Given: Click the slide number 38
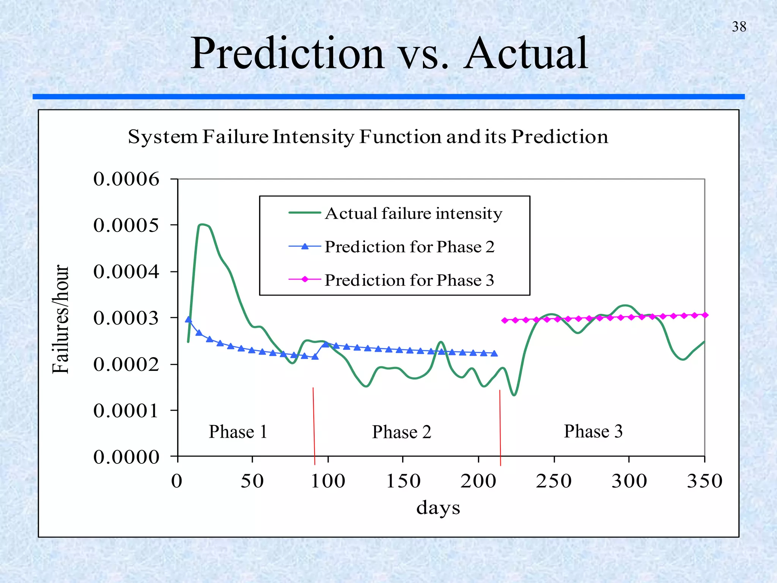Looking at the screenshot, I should click(739, 27).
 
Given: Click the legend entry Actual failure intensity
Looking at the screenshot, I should click(413, 213).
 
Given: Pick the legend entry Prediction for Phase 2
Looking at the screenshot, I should click(409, 247).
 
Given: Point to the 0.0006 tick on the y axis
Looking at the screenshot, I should click(126, 179).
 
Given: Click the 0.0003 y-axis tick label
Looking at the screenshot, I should click(126, 318).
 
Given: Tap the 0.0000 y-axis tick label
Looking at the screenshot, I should click(126, 457).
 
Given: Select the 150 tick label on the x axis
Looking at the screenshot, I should click(403, 481).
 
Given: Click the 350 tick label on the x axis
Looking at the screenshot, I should click(705, 481).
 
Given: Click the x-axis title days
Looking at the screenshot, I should click(438, 507).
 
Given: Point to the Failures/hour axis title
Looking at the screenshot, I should click(61, 319).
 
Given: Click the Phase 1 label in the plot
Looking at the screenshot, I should click(238, 432).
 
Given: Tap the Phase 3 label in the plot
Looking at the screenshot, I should click(593, 431).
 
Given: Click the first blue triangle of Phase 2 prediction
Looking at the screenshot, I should click(188, 320).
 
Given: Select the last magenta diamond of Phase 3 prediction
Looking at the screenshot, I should click(705, 315).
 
